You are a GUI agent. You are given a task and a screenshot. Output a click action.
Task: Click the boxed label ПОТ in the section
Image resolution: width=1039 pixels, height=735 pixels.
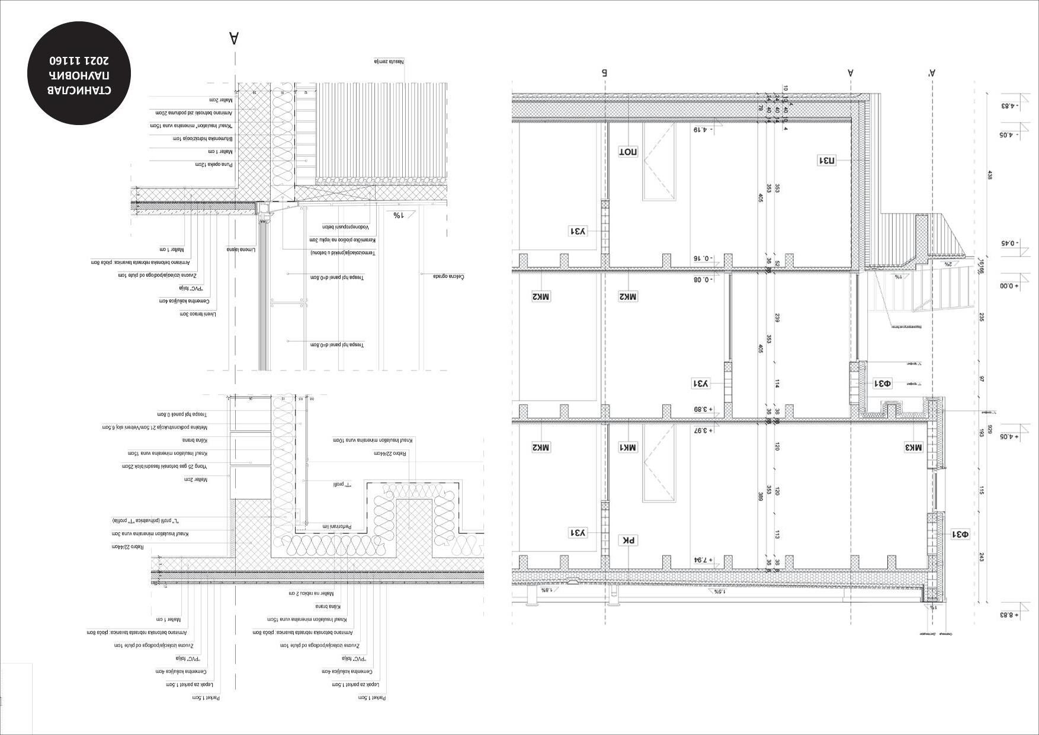pos(628,151)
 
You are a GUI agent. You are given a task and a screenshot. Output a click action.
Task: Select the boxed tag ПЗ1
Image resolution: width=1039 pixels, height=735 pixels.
pos(827,160)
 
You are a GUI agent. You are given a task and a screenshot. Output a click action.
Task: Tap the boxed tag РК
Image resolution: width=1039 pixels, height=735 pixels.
pos(628,540)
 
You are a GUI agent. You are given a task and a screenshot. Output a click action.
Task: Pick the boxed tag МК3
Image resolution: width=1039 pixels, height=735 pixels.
pos(913,448)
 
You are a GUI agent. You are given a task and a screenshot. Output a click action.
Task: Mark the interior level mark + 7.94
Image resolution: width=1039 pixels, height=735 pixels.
pos(703,560)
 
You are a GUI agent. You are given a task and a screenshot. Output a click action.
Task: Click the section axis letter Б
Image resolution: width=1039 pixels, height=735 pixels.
pos(605,73)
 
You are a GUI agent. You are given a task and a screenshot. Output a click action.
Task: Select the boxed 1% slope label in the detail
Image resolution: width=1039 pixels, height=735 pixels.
pos(397,215)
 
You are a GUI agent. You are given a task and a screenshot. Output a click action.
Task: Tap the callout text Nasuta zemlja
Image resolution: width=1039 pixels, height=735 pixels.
pos(389,61)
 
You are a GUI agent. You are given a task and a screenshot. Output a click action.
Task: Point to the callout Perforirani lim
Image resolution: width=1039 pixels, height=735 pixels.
pos(338,526)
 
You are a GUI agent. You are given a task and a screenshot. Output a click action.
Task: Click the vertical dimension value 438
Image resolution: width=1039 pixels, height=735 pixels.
pos(989,175)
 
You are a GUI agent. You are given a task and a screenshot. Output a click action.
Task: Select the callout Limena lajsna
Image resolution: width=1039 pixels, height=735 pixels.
pos(240,250)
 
